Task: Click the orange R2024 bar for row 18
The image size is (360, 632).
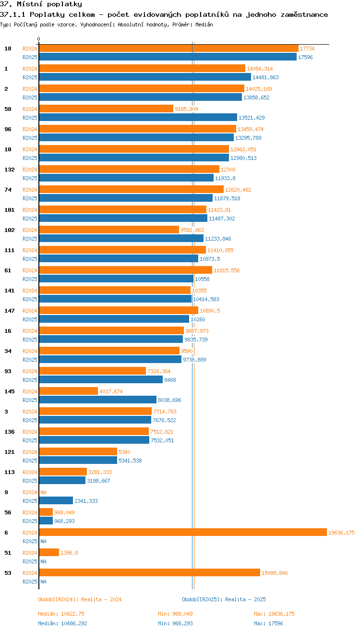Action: (168, 49)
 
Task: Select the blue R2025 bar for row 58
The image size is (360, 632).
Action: (138, 118)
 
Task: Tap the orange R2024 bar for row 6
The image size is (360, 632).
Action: (182, 533)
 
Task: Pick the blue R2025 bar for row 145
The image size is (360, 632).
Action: (97, 400)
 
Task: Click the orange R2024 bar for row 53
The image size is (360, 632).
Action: (149, 573)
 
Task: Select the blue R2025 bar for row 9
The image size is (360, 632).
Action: (56, 501)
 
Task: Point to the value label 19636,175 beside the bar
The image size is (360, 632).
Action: (341, 533)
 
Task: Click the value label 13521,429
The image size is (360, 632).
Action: (252, 118)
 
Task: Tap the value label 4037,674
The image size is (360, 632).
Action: (111, 391)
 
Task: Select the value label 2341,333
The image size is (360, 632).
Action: (86, 501)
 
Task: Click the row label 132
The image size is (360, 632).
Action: (9, 170)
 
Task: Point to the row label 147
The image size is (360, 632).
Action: (9, 311)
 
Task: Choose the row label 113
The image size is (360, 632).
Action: (9, 472)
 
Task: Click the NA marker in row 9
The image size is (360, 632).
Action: (43, 492)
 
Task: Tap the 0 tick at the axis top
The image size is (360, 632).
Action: (39, 39)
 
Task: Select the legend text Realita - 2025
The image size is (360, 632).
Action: (245, 599)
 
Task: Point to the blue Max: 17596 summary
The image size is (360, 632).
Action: (268, 623)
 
